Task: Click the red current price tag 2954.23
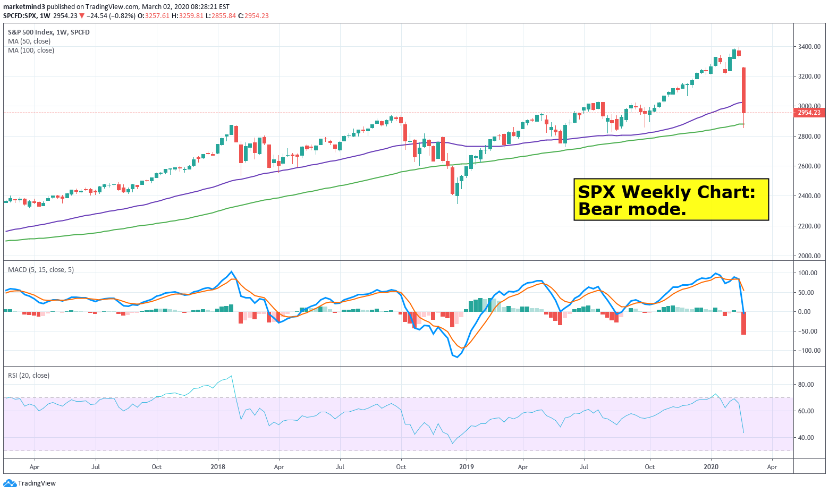point(809,113)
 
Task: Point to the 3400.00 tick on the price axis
point(809,47)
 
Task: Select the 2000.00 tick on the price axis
point(809,256)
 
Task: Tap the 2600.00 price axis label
point(809,166)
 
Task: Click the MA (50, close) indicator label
point(29,41)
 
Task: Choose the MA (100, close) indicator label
point(31,50)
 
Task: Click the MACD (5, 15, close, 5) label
point(41,270)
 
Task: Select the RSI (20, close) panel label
point(29,376)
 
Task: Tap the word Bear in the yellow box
point(598,209)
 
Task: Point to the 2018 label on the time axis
point(218,467)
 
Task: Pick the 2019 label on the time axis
point(466,467)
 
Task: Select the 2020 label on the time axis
point(711,467)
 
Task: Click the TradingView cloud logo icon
point(10,483)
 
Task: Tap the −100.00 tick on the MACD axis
point(806,351)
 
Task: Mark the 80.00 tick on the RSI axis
point(806,385)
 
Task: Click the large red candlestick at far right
point(743,90)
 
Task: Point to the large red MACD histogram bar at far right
point(743,323)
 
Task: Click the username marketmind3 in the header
point(24,7)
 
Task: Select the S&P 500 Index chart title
point(31,32)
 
